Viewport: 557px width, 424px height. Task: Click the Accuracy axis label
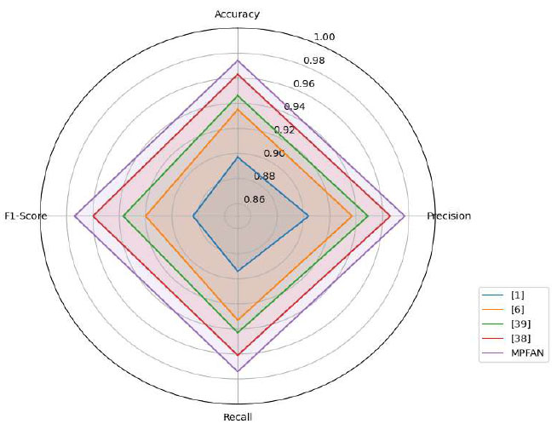tap(238, 14)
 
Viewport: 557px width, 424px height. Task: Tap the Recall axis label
tap(238, 416)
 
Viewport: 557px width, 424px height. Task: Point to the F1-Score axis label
tap(26, 216)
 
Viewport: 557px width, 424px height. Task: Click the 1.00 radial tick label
tap(324, 37)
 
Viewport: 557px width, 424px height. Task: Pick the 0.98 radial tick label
tap(313, 60)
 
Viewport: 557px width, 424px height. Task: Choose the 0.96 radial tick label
tap(304, 83)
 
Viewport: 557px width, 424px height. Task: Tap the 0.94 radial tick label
tap(295, 106)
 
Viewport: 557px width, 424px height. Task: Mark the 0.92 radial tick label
tap(284, 130)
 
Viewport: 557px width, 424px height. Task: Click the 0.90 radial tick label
tap(274, 153)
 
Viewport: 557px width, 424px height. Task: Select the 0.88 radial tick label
tap(265, 176)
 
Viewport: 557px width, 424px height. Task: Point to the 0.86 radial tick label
tap(255, 199)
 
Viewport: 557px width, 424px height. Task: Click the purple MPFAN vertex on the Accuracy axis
tap(238, 61)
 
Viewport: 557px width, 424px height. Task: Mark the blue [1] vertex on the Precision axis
tap(307, 216)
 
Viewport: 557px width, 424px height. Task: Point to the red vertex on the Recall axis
tap(238, 354)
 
